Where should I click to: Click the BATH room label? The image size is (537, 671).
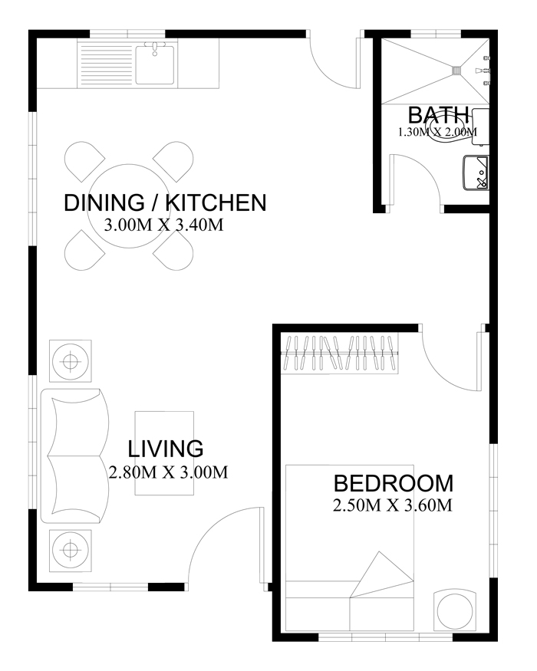(x=438, y=115)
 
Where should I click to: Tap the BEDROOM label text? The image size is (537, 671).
(x=393, y=484)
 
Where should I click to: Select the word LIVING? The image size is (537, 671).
(x=165, y=449)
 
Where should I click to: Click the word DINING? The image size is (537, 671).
(x=104, y=202)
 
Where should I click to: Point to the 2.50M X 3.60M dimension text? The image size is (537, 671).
(x=392, y=505)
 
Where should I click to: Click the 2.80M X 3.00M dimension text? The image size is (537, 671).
(x=168, y=472)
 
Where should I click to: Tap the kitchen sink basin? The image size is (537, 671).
(x=155, y=64)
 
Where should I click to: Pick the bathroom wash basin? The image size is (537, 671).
(x=476, y=172)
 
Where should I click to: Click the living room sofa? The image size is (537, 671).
(x=75, y=456)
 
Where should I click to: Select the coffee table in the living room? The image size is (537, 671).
(x=164, y=453)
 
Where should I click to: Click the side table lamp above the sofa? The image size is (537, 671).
(x=71, y=361)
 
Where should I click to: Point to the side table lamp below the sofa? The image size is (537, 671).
(x=71, y=551)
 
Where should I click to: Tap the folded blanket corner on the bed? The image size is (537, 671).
(x=381, y=574)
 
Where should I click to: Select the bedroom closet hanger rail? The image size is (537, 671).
(x=340, y=354)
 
